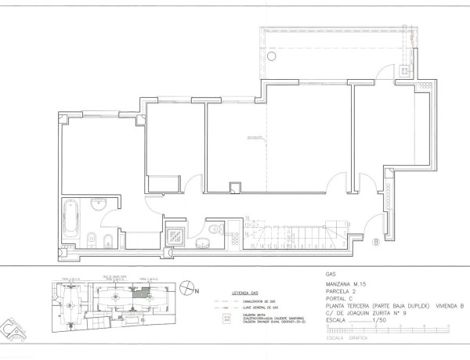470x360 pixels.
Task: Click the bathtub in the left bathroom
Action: pos(70,221)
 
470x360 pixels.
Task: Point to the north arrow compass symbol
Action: pos(186,288)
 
